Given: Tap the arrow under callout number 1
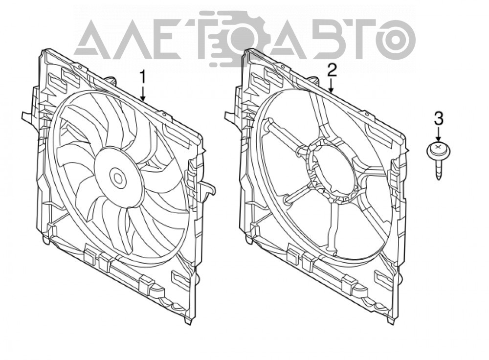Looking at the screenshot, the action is tap(143, 93).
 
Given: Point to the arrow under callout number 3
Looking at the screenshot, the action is tap(439, 134).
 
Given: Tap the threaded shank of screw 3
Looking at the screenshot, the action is tap(439, 170).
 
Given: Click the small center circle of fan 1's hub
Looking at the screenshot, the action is tap(118, 178).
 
